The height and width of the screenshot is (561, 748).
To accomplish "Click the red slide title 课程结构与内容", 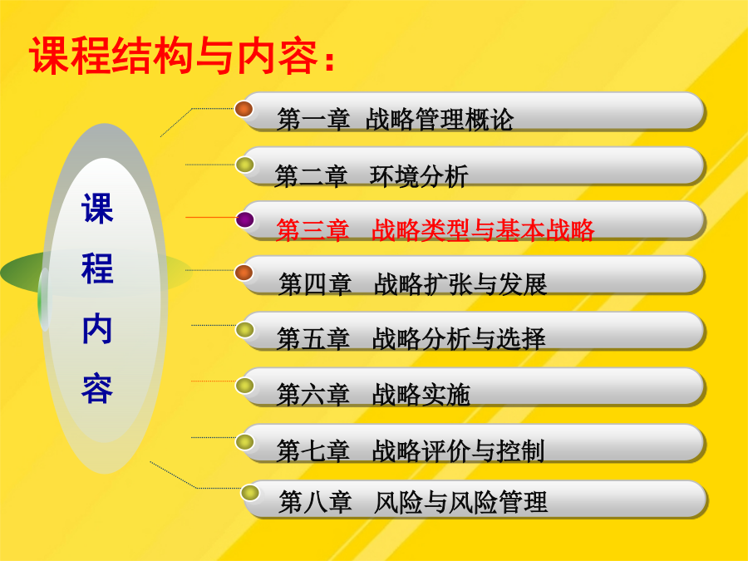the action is click(x=174, y=57).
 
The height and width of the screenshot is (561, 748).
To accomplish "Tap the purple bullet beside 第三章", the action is click(x=244, y=219).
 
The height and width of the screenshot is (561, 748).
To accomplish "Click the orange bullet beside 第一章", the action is click(x=244, y=109).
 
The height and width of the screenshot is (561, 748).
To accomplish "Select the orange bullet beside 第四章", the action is click(x=244, y=273).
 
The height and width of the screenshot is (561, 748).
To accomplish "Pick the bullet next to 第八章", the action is click(x=250, y=492).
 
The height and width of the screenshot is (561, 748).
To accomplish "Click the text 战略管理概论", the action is click(x=440, y=119).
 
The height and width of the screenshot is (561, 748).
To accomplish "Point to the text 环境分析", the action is click(x=418, y=176).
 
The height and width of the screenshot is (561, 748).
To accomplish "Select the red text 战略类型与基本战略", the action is click(x=483, y=230).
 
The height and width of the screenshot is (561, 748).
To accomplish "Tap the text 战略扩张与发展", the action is click(x=460, y=284).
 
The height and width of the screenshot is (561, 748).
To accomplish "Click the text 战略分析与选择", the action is click(x=459, y=339).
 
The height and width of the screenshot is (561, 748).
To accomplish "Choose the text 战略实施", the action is click(x=421, y=395).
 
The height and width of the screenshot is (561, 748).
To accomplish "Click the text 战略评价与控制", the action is click(x=458, y=450).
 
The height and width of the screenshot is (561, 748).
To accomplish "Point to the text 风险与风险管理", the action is click(x=460, y=502).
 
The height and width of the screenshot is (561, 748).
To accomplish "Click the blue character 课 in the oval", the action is click(x=97, y=209).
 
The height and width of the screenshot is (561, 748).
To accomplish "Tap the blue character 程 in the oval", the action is click(x=97, y=268).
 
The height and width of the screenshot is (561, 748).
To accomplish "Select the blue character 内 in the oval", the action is click(x=97, y=328).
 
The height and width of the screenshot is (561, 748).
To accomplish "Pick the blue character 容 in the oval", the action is click(x=97, y=389).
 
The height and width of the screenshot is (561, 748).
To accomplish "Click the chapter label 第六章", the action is click(x=313, y=395).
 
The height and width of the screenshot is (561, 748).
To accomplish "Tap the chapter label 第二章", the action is click(x=311, y=176).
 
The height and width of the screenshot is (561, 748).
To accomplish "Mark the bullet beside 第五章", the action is click(x=244, y=330).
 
